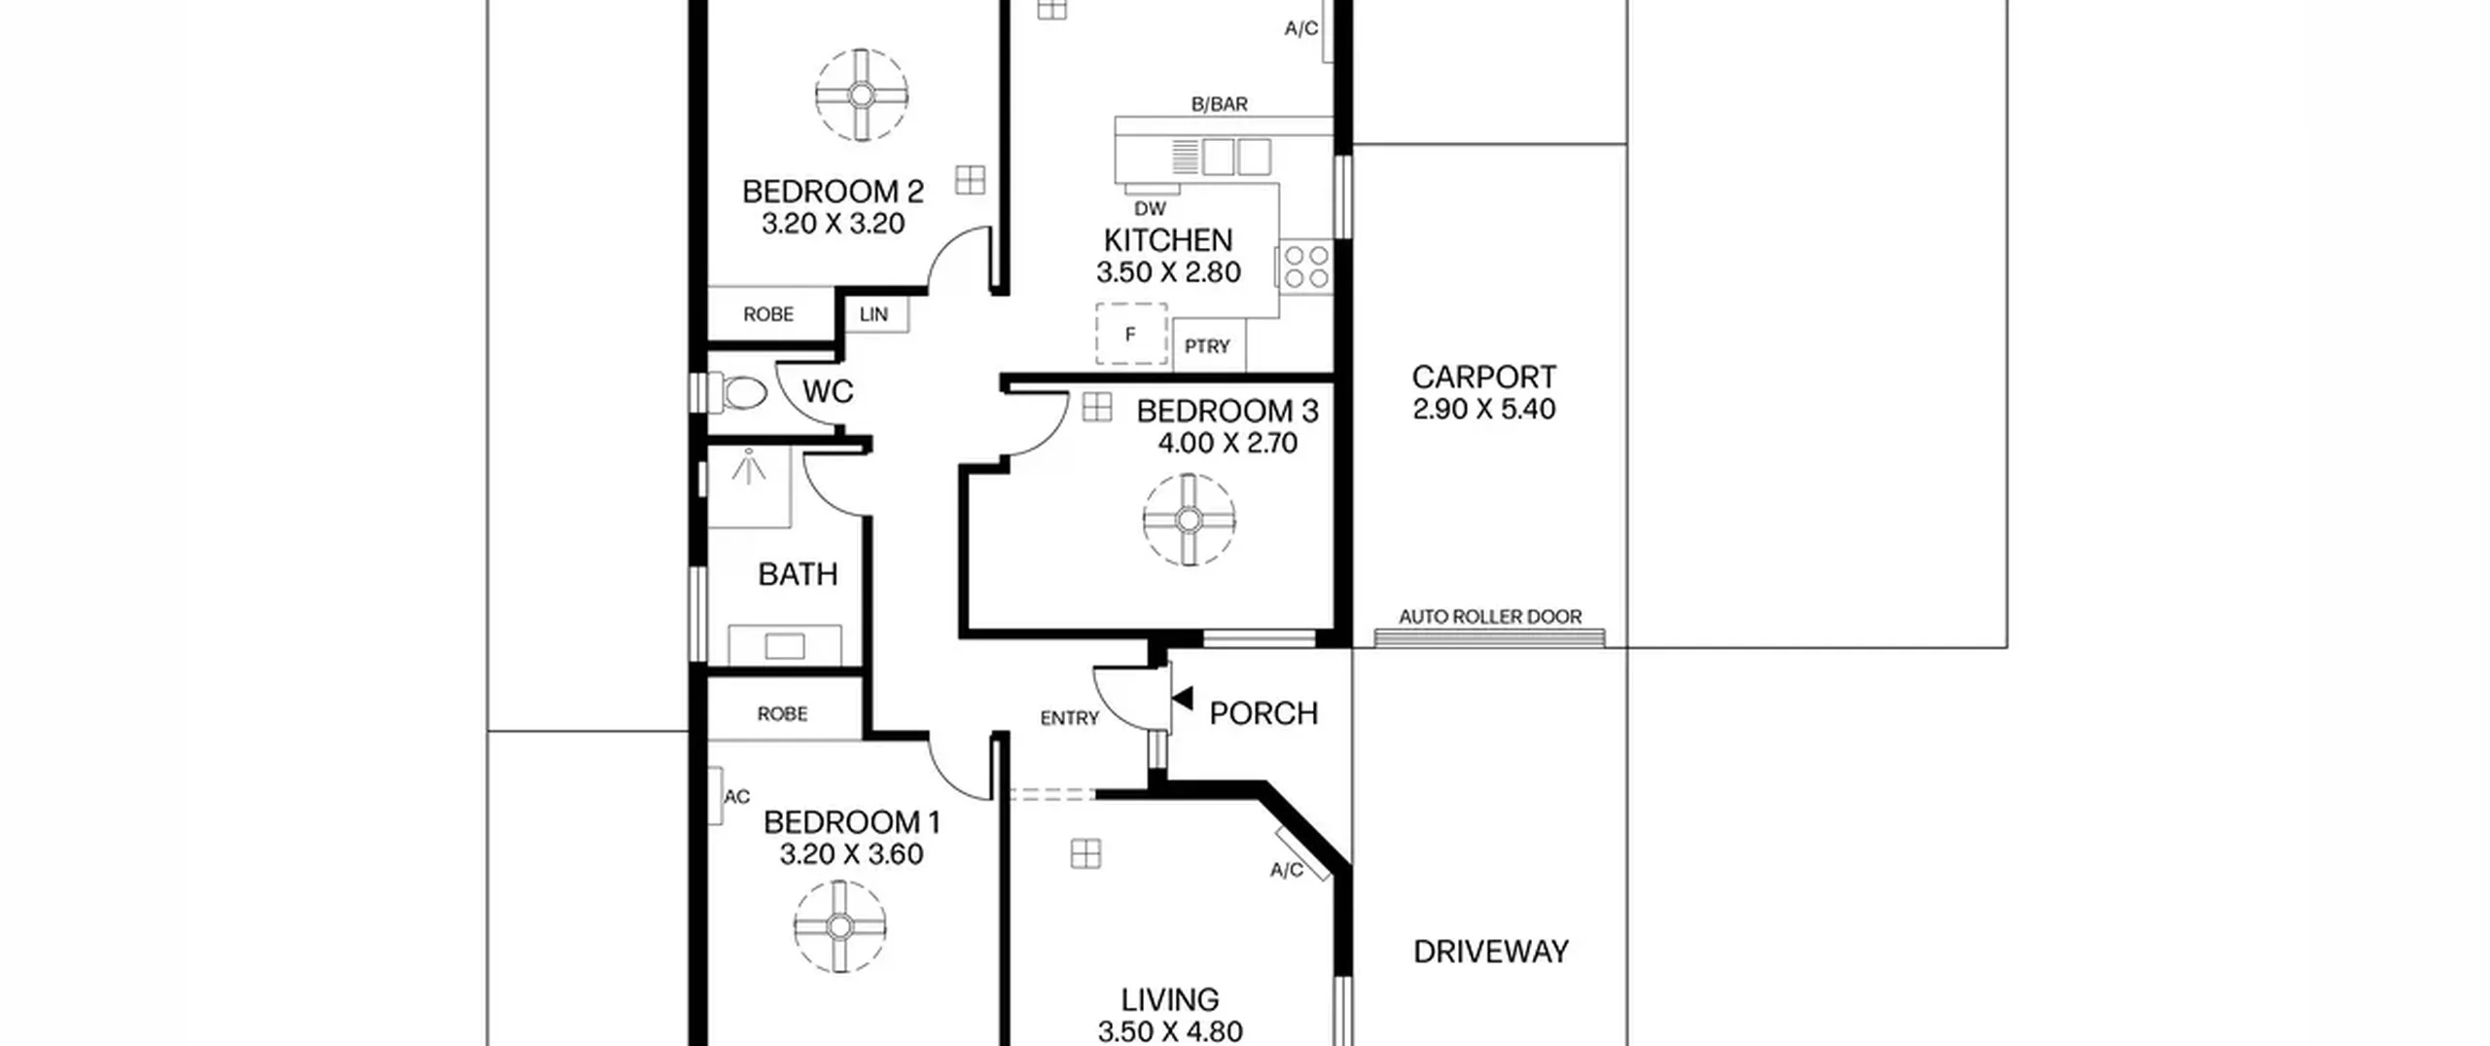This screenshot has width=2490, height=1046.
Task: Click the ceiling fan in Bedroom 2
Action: click(862, 95)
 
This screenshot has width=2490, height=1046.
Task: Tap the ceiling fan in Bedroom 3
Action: click(1189, 521)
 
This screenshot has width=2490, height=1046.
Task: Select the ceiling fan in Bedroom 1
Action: click(840, 927)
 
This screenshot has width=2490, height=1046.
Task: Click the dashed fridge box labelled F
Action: click(1131, 334)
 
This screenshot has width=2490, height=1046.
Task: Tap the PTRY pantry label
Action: click(1207, 346)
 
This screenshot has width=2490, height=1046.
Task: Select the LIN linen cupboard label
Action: click(873, 314)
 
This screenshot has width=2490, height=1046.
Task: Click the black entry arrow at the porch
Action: click(1183, 698)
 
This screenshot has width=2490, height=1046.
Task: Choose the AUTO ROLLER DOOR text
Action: click(1490, 617)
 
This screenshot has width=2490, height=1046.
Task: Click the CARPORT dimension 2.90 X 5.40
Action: click(1484, 410)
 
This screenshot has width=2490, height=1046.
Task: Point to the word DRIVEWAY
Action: click(1491, 952)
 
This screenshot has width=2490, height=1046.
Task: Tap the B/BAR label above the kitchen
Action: click(1220, 104)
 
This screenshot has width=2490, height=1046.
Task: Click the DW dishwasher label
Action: click(1150, 208)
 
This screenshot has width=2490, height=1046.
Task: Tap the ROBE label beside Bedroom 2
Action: click(768, 314)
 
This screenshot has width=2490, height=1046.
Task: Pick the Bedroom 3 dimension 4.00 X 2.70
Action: click(1227, 444)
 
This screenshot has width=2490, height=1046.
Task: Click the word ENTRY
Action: click(1069, 718)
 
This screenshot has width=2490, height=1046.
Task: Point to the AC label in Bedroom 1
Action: click(737, 797)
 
